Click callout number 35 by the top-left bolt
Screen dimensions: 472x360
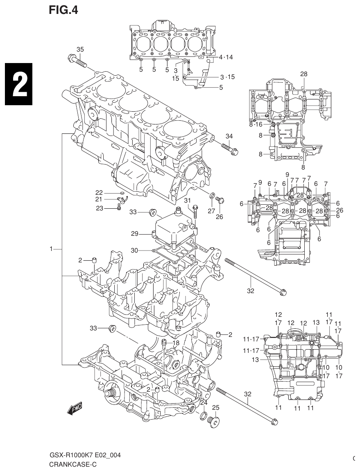(x=80, y=50)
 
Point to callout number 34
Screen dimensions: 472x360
(x=229, y=136)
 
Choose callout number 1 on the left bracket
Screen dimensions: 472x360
(x=51, y=249)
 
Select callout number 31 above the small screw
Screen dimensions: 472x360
(x=187, y=200)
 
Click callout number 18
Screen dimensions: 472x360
(x=176, y=343)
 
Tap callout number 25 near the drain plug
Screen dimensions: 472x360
(x=216, y=407)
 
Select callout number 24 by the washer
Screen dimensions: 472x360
(x=204, y=403)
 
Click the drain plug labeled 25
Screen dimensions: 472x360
(x=213, y=422)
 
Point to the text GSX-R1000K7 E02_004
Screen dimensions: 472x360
(x=85, y=456)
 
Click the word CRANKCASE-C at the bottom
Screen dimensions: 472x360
(x=73, y=465)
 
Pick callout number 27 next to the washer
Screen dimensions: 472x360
(x=211, y=211)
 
